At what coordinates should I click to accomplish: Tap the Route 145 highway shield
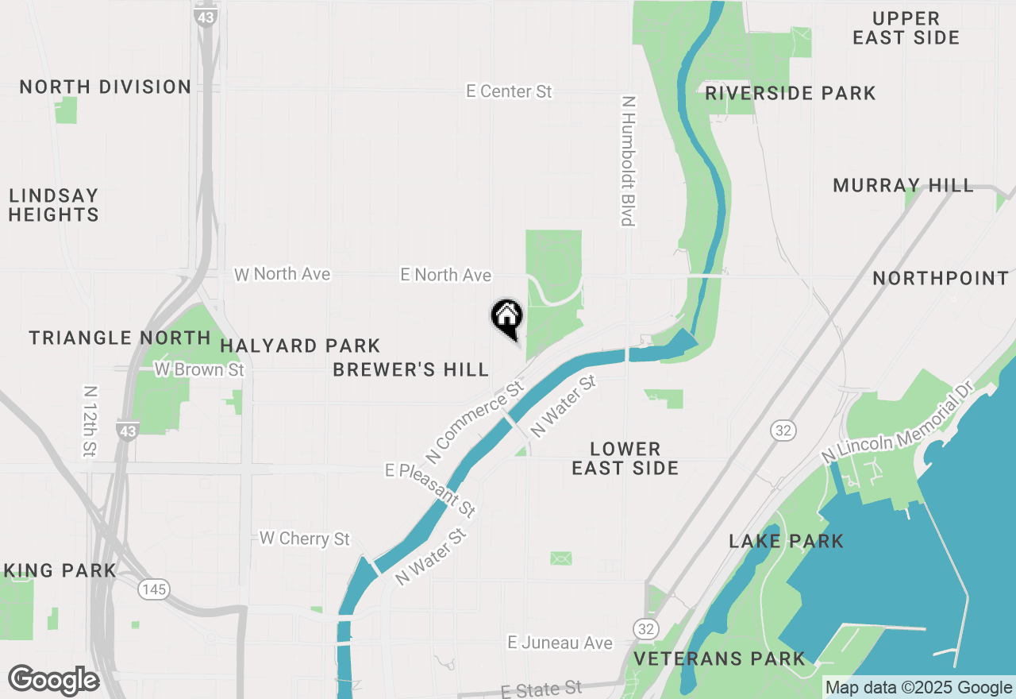pyautogui.click(x=152, y=589)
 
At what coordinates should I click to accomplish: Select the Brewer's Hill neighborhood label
pyautogui.click(x=410, y=370)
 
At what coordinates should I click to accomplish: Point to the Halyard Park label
pyautogui.click(x=300, y=346)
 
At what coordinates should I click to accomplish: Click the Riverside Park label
pyautogui.click(x=790, y=94)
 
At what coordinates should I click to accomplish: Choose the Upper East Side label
pyautogui.click(x=906, y=28)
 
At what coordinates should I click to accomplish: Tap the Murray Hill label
pyautogui.click(x=902, y=186)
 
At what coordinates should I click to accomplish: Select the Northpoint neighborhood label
pyautogui.click(x=941, y=279)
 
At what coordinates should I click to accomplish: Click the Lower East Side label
pyautogui.click(x=625, y=459)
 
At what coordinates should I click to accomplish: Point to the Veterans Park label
pyautogui.click(x=719, y=658)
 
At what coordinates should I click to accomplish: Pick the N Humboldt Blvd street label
pyautogui.click(x=629, y=161)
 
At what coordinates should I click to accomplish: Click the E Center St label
pyautogui.click(x=509, y=92)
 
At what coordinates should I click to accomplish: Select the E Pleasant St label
pyautogui.click(x=430, y=490)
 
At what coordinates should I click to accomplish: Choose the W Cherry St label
pyautogui.click(x=304, y=539)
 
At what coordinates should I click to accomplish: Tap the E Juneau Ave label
pyautogui.click(x=560, y=643)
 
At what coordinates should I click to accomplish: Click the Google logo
pyautogui.click(x=53, y=681)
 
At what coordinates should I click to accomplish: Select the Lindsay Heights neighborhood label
pyautogui.click(x=54, y=205)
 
